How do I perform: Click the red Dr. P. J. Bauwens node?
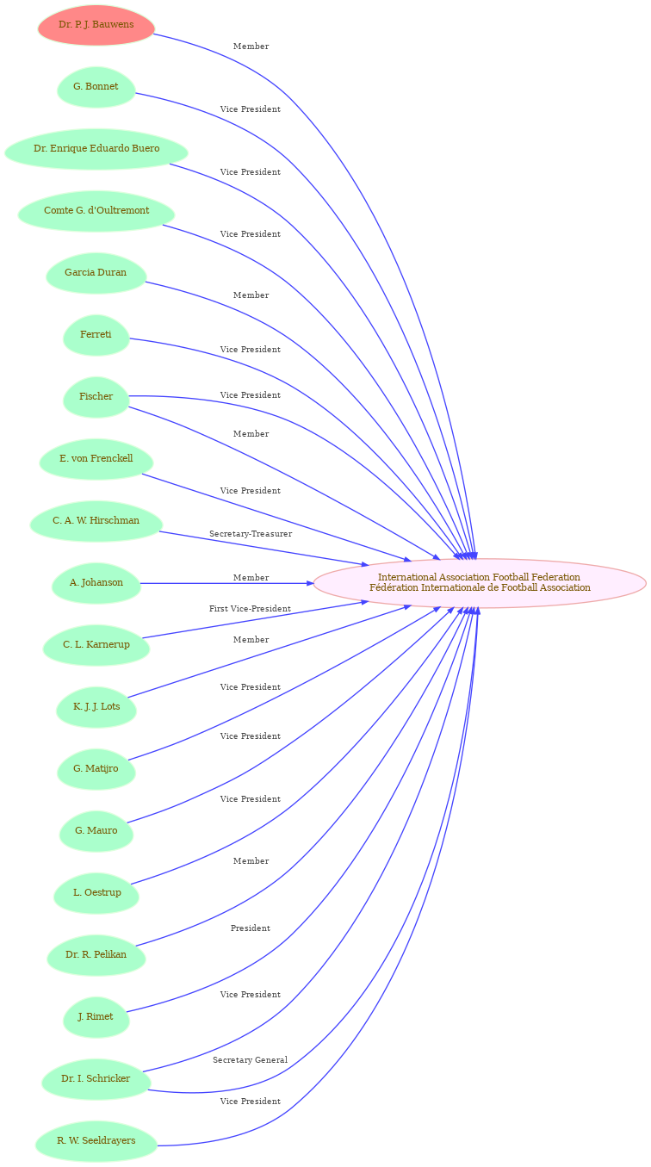(96, 25)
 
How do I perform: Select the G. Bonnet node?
(96, 87)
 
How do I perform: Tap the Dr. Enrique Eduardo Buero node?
(96, 149)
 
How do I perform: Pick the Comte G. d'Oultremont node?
(96, 211)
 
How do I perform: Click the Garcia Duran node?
(96, 273)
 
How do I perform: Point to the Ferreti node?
(96, 335)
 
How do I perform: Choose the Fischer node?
(96, 397)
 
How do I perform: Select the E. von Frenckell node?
(96, 459)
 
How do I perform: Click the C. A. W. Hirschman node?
(96, 521)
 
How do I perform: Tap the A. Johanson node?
(96, 583)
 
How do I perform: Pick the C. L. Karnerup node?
(96, 645)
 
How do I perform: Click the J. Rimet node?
(96, 1017)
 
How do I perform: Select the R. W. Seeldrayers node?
(96, 1141)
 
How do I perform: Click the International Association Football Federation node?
(480, 583)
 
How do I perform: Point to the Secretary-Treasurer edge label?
(251, 534)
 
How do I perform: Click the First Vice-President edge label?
(250, 609)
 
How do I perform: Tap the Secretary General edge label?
(250, 1060)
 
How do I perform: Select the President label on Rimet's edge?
(251, 928)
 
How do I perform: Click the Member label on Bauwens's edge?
(251, 47)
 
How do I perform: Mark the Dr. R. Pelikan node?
(96, 955)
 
